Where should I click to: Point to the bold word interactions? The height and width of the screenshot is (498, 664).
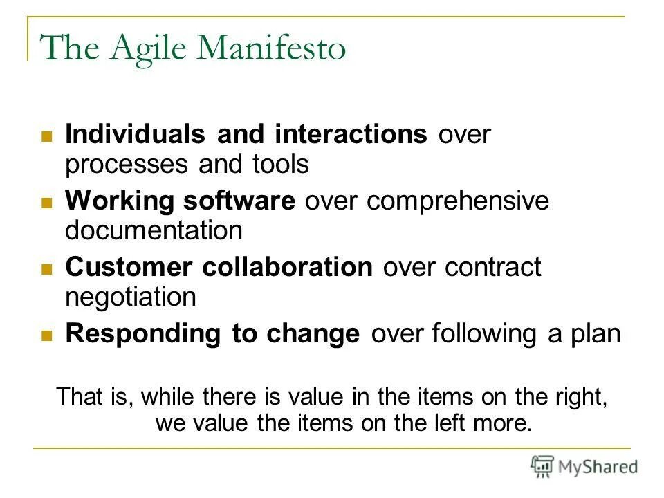pos(350,135)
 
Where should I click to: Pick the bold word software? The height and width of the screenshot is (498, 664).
pos(239,201)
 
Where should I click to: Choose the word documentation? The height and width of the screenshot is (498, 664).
pos(154,230)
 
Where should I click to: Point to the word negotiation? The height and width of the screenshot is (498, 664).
pos(131,297)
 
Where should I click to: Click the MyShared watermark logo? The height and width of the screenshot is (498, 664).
pos(584,466)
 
